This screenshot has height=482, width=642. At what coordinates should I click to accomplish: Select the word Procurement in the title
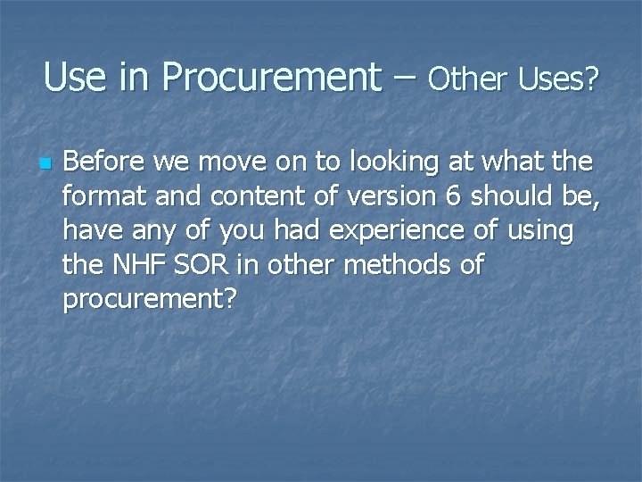[x=271, y=79]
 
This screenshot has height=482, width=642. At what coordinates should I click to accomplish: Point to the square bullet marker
[x=43, y=164]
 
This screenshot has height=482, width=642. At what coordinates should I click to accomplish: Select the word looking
[x=393, y=163]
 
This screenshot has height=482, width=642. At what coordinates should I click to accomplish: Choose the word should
[x=513, y=196]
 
